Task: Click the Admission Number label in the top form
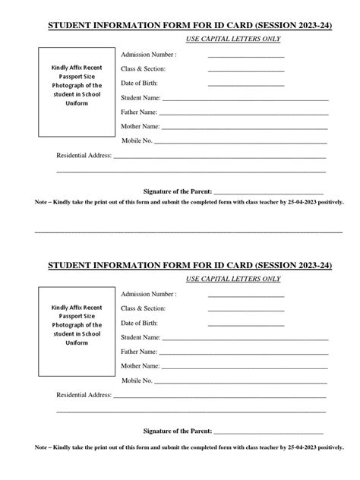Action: tap(149, 55)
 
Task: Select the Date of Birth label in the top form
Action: tap(140, 83)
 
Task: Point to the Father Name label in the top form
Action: tap(139, 112)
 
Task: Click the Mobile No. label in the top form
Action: tap(137, 141)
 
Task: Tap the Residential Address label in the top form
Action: tap(84, 156)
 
